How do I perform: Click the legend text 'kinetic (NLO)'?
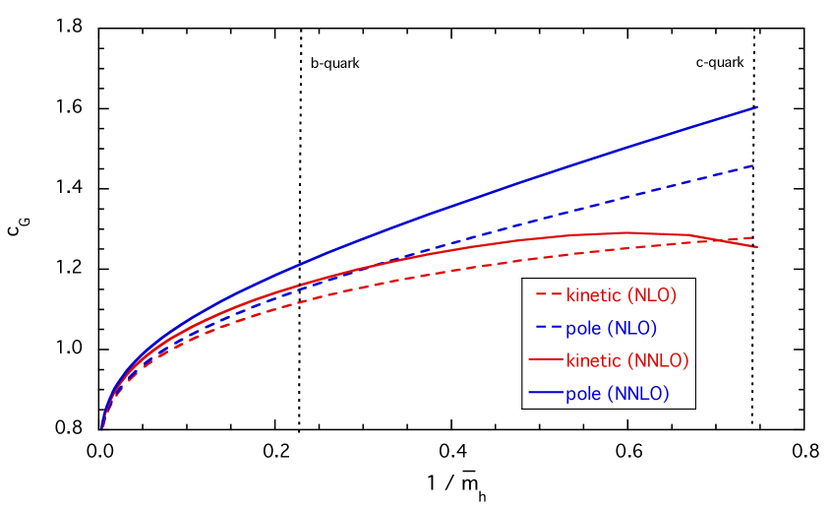[621, 294]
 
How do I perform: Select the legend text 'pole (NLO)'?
[611, 328]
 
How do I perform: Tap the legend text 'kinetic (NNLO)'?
[626, 360]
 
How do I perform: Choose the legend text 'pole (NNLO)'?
[617, 394]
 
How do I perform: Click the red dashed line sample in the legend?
[547, 294]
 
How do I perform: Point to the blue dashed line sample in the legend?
[547, 328]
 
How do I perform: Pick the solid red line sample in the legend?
[546, 360]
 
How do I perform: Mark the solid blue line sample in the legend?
[546, 394]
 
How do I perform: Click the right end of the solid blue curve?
[756, 106]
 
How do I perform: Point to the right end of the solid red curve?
[756, 246]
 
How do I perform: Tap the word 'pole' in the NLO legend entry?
[582, 328]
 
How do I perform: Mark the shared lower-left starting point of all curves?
[102, 426]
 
